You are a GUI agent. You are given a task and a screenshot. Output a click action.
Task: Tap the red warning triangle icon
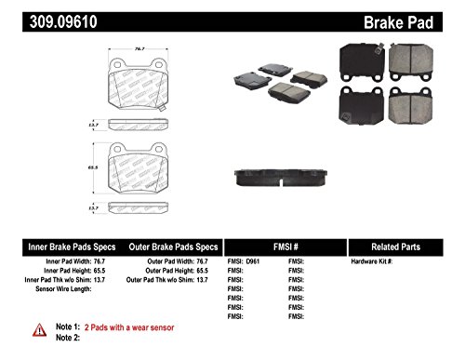[x=38, y=329]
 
